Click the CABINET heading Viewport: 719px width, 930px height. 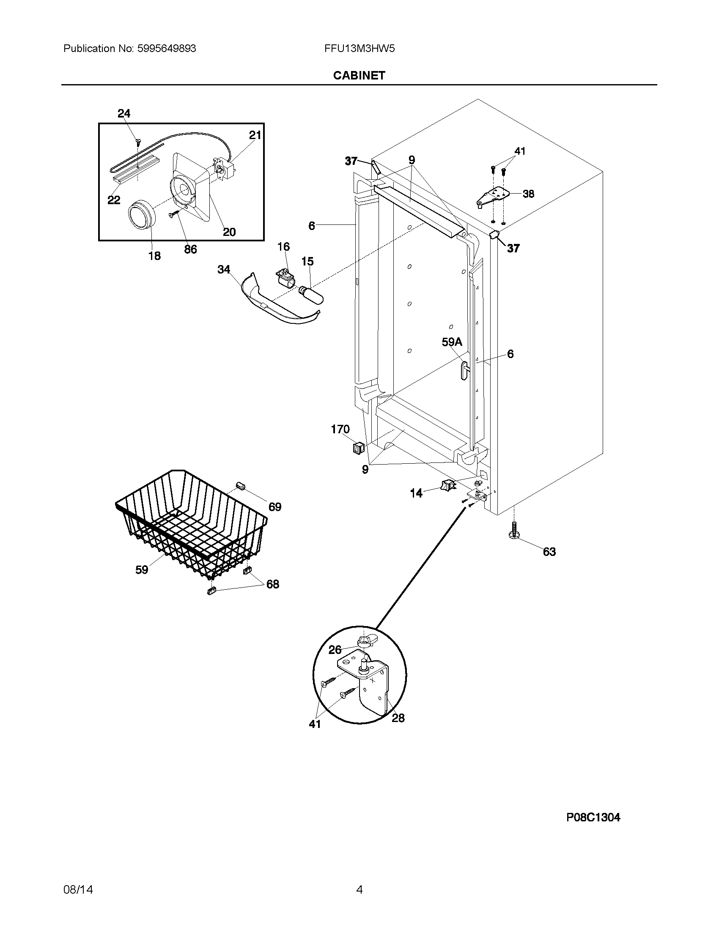tap(359, 75)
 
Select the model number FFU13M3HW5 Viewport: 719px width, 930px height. tap(359, 49)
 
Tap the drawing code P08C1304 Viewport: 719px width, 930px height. tap(593, 817)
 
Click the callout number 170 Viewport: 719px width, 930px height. tap(340, 429)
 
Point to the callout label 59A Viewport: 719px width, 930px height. tap(452, 342)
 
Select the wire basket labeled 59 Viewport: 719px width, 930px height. tap(192, 524)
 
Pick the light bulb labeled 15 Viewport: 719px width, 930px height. tap(312, 295)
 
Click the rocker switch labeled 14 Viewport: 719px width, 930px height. tap(447, 484)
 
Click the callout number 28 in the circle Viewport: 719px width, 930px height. tap(398, 718)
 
